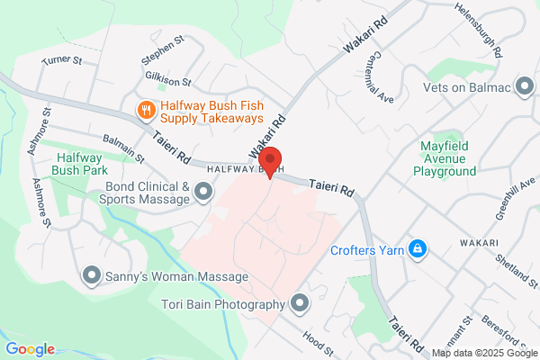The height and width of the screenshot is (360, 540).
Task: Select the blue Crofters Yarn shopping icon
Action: click(418, 247)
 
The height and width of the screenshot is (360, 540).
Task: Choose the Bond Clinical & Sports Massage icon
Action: click(203, 191)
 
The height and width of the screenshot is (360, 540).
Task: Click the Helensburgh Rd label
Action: click(476, 40)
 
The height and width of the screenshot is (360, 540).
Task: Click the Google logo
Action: click(30, 349)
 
